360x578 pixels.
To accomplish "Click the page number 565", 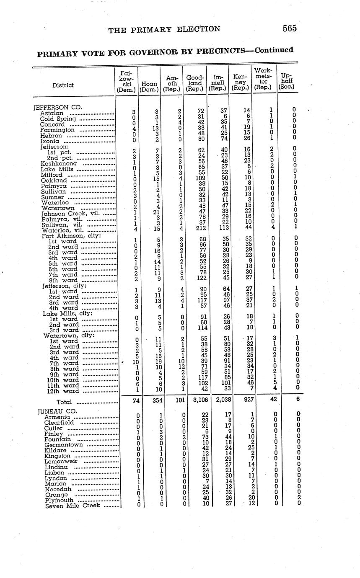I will coord(289,28).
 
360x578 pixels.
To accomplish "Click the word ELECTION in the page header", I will coord(199,29).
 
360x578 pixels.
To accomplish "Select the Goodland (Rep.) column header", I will coord(195,83).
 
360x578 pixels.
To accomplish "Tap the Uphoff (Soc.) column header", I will coord(287,81).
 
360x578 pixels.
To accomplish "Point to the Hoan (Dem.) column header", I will coord(150,86).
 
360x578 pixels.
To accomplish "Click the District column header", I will coord(63,85).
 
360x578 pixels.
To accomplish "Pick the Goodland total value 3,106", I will coord(195,400).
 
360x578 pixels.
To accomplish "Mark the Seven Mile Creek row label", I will coord(73,505).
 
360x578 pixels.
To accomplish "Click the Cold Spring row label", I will coord(58,119).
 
